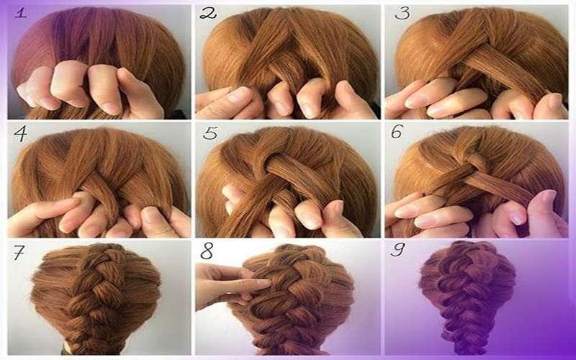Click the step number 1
pos(21,14)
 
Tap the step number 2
pos(208,14)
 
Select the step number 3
pos(402,14)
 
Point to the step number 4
pos(20,134)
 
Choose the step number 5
pos(210,133)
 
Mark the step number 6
pos(397,132)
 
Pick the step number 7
pos(19,252)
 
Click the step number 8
pos(207,251)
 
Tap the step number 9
pos(398,250)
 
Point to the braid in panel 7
pos(96,297)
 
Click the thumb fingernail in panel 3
pos(554,102)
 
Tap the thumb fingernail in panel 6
pos(547,197)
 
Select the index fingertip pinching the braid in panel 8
pos(263,284)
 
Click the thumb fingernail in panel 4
pos(150,215)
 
